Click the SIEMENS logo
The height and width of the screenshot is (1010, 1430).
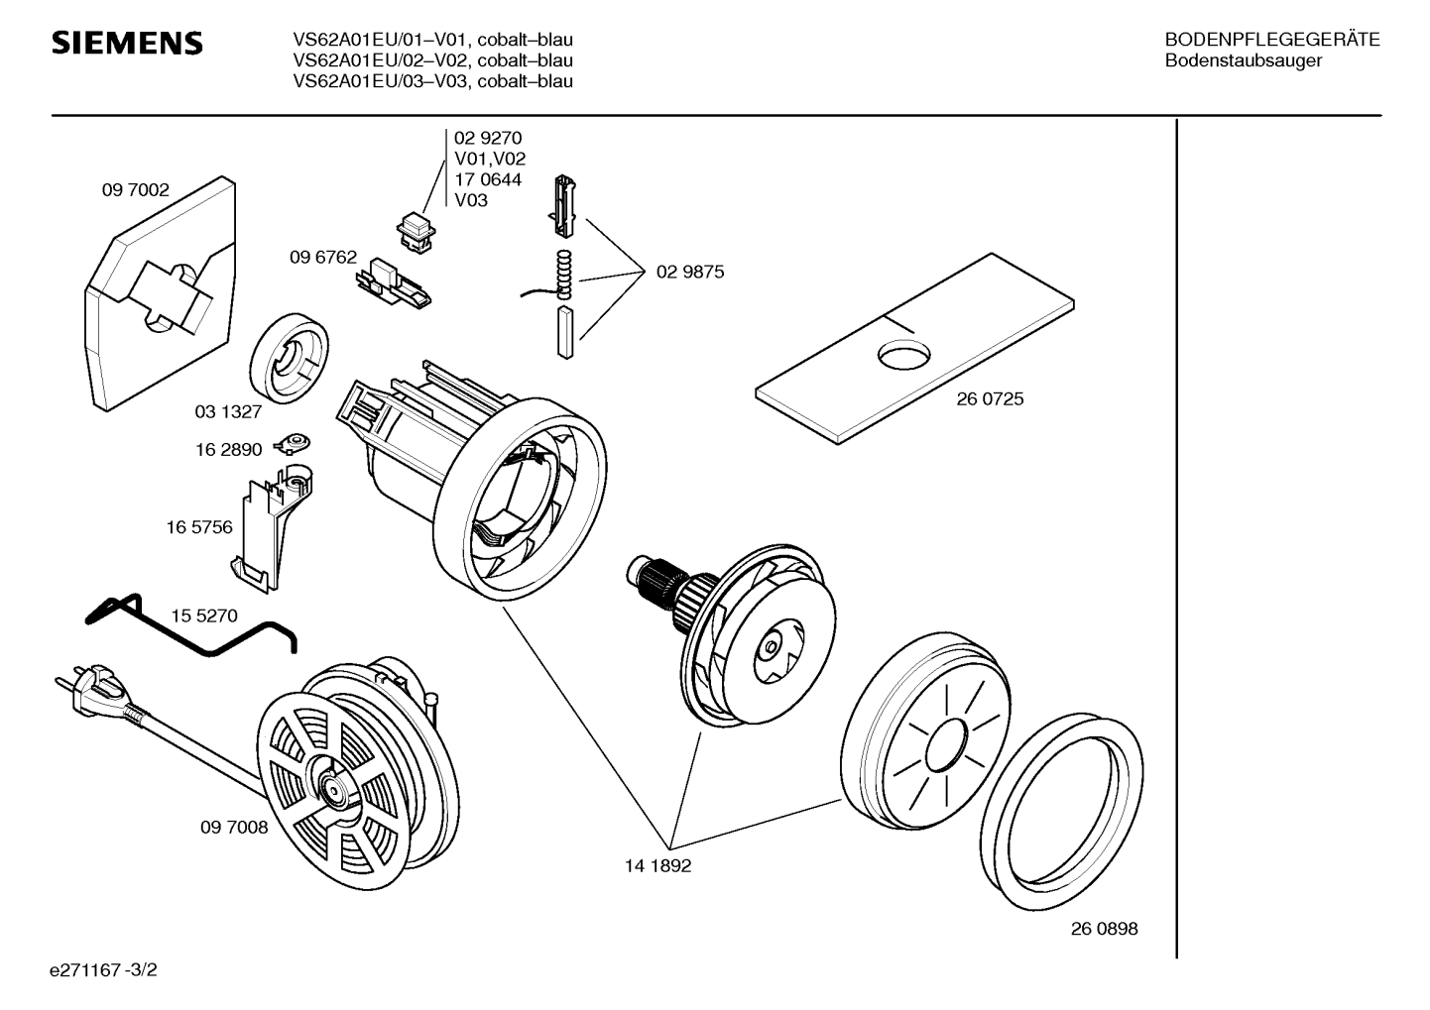coord(127,43)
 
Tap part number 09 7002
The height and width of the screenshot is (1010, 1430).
coord(135,190)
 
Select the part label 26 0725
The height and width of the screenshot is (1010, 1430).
coord(990,398)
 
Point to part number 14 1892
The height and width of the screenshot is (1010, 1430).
coord(657,866)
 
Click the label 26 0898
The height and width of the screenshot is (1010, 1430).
coord(1105,929)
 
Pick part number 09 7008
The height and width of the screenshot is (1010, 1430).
coord(234,827)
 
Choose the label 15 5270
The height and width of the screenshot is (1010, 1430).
coord(204,616)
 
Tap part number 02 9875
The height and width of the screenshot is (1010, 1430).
coord(690,272)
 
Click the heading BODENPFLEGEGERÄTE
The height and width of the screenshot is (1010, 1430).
coord(1272,40)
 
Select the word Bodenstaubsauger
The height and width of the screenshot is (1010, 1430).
coord(1243,60)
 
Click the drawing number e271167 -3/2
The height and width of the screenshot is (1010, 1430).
coord(103,970)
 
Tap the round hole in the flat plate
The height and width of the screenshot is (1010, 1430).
coord(904,355)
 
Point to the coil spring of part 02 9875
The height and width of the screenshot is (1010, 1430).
coord(563,275)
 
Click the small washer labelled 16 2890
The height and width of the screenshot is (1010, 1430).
coord(293,443)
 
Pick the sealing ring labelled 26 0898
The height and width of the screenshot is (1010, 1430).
coord(1062,812)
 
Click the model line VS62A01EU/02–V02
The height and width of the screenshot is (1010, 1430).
coord(432,60)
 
